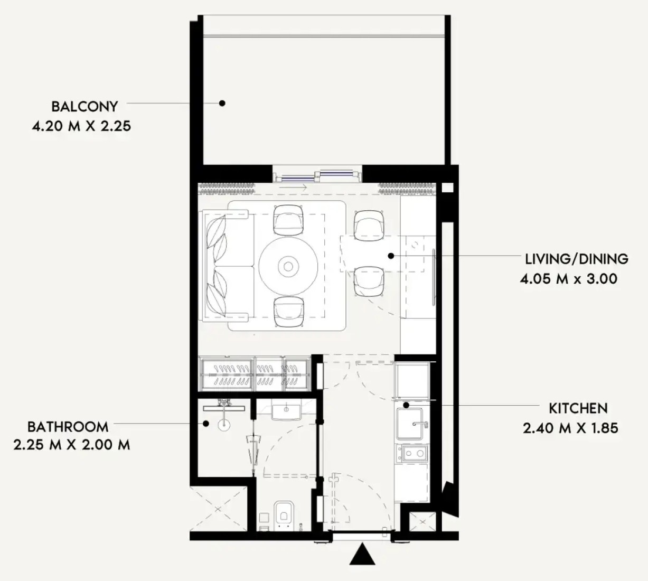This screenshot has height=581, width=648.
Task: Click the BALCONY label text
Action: click(x=84, y=107)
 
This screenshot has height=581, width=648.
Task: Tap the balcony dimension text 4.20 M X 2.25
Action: click(x=81, y=126)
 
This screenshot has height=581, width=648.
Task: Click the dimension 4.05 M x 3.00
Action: click(x=569, y=279)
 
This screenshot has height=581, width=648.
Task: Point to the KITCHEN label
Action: click(x=578, y=409)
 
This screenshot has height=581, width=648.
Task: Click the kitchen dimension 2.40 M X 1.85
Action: click(x=570, y=428)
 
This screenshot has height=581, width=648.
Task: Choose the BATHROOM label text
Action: click(x=68, y=427)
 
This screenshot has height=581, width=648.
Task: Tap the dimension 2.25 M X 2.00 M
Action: click(x=72, y=445)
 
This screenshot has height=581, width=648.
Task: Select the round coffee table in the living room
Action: click(x=288, y=266)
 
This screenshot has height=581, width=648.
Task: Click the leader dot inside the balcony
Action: click(x=222, y=103)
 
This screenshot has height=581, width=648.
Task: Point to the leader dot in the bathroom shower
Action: click(x=206, y=424)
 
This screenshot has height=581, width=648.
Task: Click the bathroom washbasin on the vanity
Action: click(x=286, y=412)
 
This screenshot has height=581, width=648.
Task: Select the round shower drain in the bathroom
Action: click(x=224, y=425)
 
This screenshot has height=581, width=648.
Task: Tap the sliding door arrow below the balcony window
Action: click(x=293, y=188)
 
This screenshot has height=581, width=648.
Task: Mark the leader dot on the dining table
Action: click(x=391, y=256)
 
